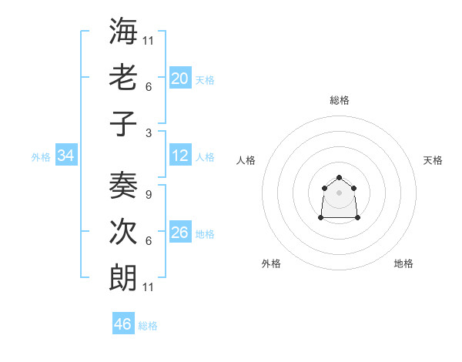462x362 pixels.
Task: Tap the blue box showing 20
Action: pos(180,79)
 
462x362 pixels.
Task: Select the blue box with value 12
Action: pos(180,156)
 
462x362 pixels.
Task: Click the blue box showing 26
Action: pos(180,233)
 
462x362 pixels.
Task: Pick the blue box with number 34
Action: pos(66,156)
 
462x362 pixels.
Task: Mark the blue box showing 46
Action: pos(123,324)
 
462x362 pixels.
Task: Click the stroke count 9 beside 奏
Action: pos(148,193)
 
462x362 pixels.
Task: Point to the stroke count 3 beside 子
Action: pos(148,132)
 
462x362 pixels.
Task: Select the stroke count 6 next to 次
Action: pos(148,241)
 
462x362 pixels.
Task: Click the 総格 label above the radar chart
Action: pos(340,100)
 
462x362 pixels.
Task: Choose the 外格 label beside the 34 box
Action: pos(41,157)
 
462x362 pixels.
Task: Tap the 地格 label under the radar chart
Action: pos(403,264)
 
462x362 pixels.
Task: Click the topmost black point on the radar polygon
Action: pos(339,178)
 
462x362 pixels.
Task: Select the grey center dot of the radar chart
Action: pos(339,193)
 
